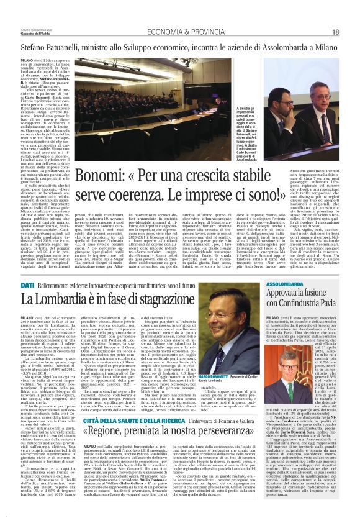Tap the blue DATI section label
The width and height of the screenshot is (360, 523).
[27, 284]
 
